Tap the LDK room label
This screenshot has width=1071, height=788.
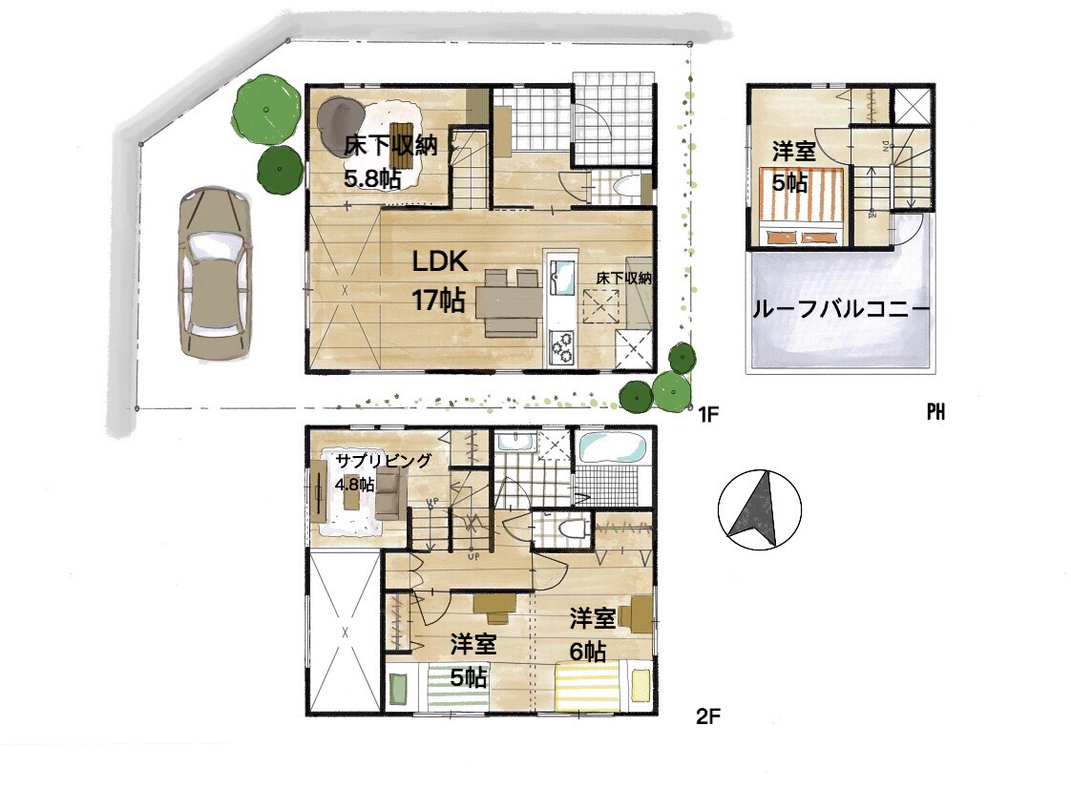439,260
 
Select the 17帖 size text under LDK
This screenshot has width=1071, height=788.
438,300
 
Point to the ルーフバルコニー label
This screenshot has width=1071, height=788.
841,309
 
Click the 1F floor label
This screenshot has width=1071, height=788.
708,413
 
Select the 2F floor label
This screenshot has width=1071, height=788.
708,716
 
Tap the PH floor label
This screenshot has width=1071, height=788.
935,412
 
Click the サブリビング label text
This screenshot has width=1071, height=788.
383,461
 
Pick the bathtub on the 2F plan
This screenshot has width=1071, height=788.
612,448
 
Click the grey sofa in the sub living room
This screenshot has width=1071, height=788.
388,494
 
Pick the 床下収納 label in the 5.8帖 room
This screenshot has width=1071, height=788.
390,145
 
